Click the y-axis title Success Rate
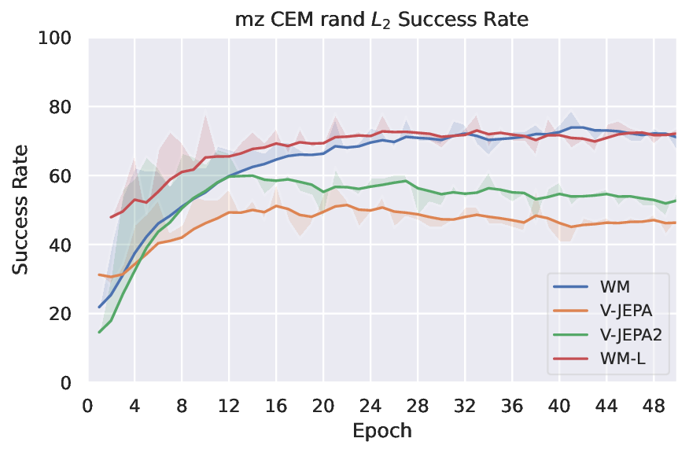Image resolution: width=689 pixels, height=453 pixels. [21, 209]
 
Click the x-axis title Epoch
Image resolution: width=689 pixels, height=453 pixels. [383, 431]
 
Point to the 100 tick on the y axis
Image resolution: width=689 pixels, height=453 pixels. [61, 38]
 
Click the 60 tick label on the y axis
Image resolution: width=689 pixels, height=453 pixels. [65, 175]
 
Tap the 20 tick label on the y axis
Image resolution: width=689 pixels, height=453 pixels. [65, 314]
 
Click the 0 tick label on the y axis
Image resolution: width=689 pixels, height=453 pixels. [71, 383]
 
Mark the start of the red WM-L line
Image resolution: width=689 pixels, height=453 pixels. [111, 217]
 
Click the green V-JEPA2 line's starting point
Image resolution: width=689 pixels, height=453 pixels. [99, 332]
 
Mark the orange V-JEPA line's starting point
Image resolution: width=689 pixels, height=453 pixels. [99, 274]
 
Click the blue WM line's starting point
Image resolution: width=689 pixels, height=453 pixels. [99, 307]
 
